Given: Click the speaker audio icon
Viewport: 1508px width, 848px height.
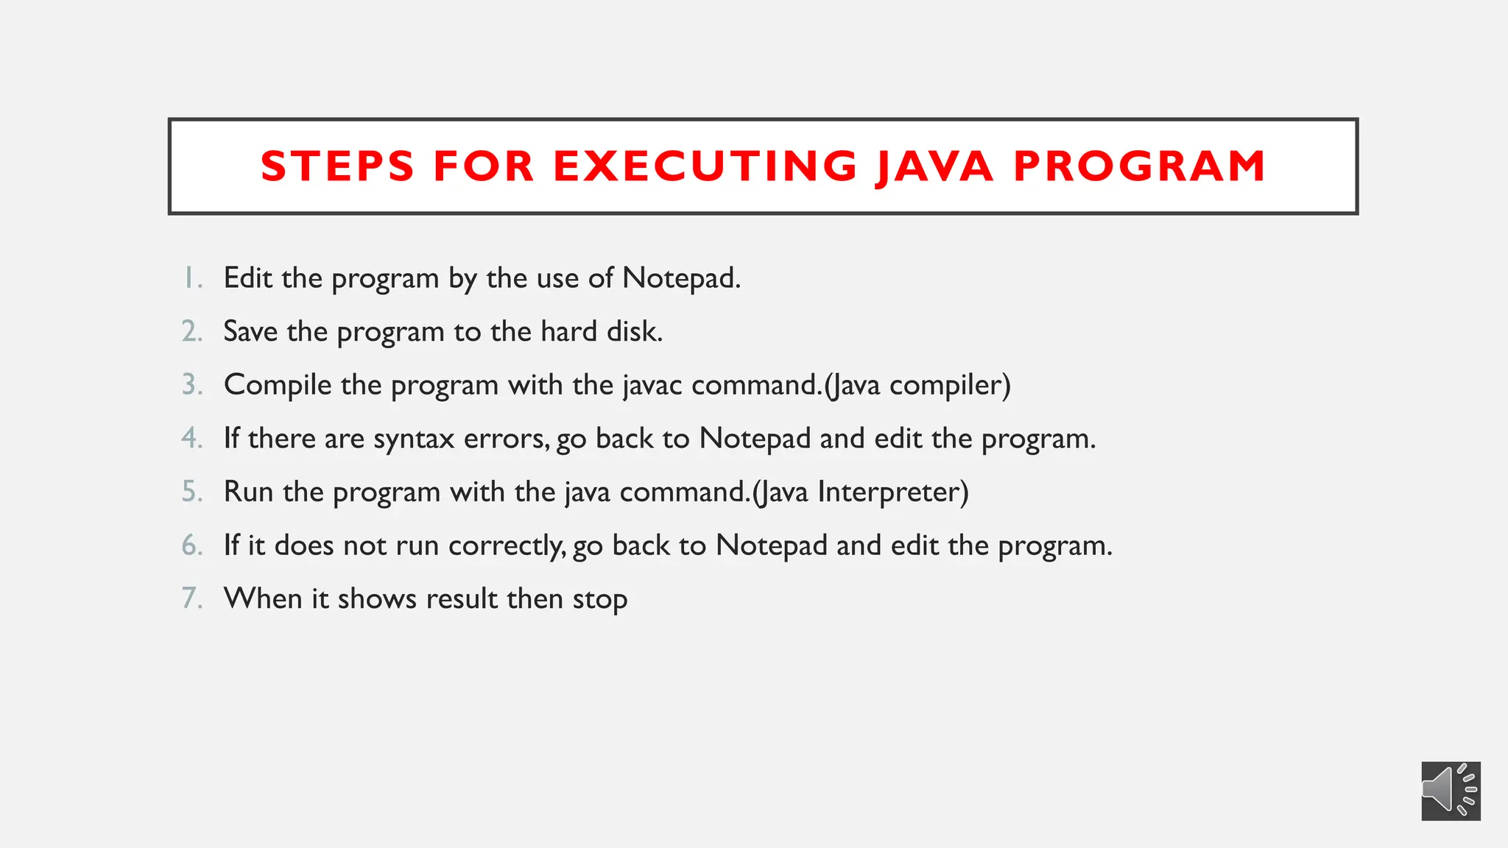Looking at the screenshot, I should pyautogui.click(x=1450, y=791).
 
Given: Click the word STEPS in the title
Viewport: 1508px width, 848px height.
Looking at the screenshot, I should pyautogui.click(x=338, y=166).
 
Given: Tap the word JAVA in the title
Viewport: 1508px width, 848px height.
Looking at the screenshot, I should pyautogui.click(x=934, y=166).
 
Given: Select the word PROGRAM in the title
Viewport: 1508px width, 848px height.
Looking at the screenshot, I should pyautogui.click(x=1139, y=166).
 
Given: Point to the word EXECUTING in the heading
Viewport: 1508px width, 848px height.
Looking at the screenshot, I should pyautogui.click(x=705, y=166).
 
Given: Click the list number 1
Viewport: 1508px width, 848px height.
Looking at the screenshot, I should pyautogui.click(x=191, y=278).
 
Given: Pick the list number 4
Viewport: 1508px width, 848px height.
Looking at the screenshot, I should pyautogui.click(x=191, y=439).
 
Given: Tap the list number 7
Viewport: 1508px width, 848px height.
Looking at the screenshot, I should pyautogui.click(x=191, y=598).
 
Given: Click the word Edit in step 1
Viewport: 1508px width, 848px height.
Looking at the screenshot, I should pyautogui.click(x=248, y=278).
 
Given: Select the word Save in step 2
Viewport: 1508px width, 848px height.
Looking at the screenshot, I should pyautogui.click(x=250, y=332).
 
